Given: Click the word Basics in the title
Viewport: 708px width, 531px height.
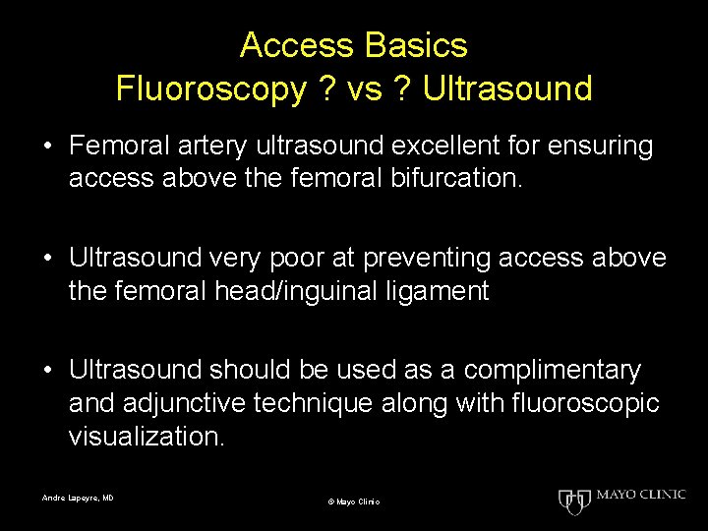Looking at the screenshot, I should tap(418, 45).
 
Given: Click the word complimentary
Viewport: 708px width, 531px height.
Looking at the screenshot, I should tap(552, 370).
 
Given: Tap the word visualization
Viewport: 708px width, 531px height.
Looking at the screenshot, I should tap(147, 437).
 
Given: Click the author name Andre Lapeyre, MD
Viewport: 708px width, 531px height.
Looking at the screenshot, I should tap(78, 499).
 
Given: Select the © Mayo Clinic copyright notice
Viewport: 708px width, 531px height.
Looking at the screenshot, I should tap(354, 502).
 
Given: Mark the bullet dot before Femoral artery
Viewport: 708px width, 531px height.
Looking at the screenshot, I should tap(47, 147).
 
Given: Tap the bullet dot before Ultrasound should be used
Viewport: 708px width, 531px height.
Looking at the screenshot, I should tap(47, 371).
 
